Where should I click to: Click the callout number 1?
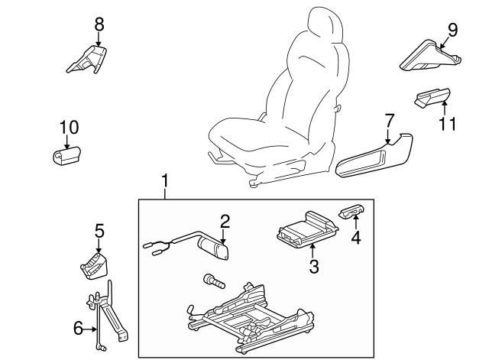coord(165,182)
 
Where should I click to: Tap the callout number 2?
coord(225,222)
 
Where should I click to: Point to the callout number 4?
coord(355,237)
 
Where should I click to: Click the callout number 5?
coord(99,230)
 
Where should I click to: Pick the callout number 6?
coord(78,328)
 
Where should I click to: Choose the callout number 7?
coord(389,120)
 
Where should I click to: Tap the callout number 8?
coord(99,24)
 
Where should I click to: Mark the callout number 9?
coord(452,30)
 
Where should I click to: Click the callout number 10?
coord(68,126)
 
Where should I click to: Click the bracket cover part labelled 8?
coord(88,60)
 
